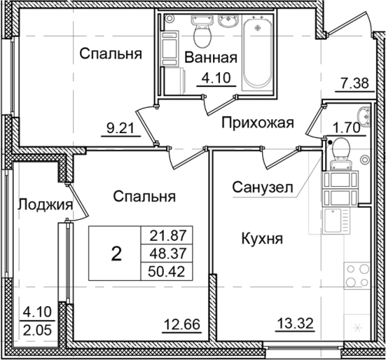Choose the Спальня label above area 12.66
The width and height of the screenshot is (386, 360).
click(x=143, y=197)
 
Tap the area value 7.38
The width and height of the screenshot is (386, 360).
click(x=354, y=82)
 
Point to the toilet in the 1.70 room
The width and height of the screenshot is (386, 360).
click(x=341, y=158)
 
